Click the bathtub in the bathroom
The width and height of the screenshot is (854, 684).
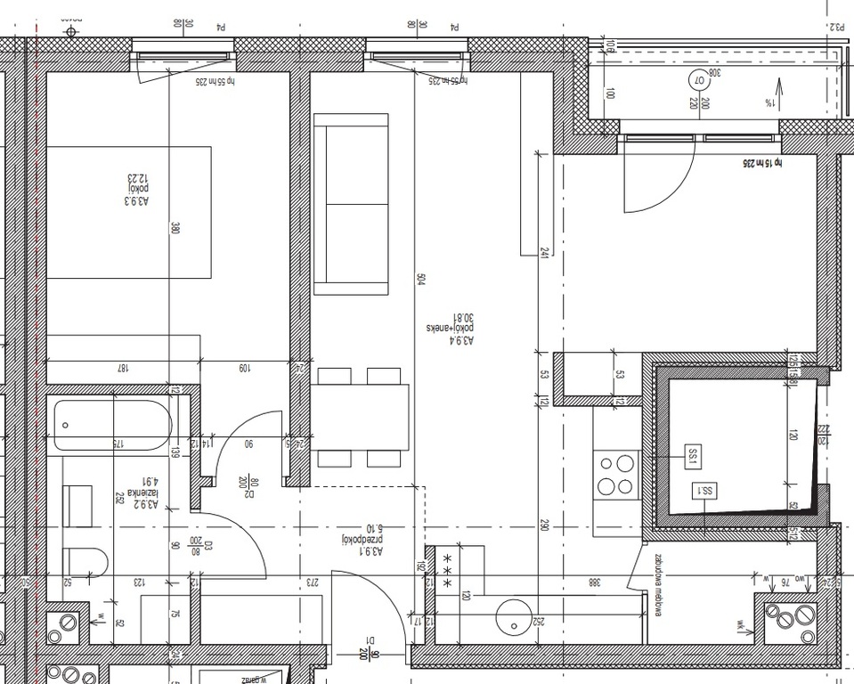(x=111, y=426)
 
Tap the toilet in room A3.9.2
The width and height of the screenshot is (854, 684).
(x=85, y=561)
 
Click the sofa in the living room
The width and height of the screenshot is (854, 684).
(x=352, y=203)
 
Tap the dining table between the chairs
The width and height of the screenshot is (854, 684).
(x=360, y=417)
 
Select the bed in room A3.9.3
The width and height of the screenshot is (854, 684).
(x=128, y=212)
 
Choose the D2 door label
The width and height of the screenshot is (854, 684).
(x=249, y=487)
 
